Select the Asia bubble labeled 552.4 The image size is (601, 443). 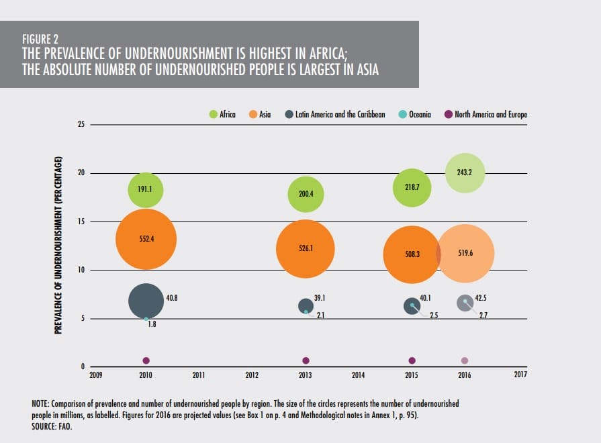pyautogui.click(x=146, y=238)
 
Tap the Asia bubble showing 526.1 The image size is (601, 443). pyautogui.click(x=306, y=248)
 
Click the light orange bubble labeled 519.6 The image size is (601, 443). pyautogui.click(x=465, y=254)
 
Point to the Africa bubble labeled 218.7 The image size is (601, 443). pyautogui.click(x=412, y=187)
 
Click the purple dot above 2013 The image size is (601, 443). pyautogui.click(x=306, y=361)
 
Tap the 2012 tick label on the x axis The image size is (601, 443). pyautogui.click(x=252, y=375)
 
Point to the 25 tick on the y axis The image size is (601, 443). pyautogui.click(x=79, y=125)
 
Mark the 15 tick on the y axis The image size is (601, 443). pyautogui.click(x=79, y=222)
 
